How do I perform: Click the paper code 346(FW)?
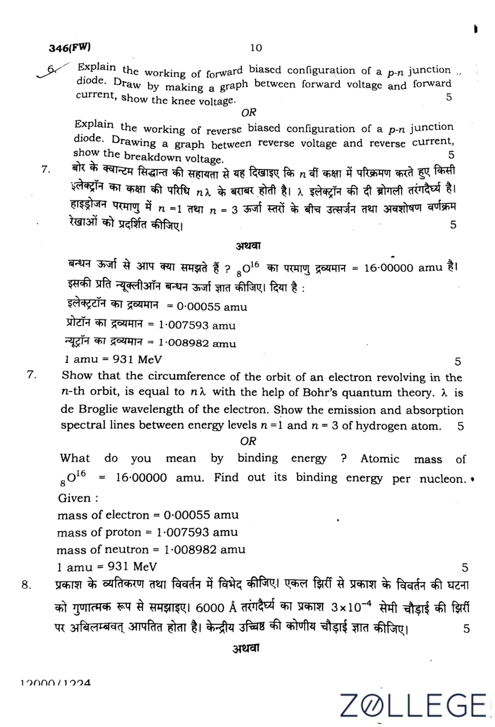coord(70,48)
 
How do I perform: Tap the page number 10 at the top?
coord(256,48)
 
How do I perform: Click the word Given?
coord(74,498)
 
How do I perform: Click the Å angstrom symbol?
coord(232,607)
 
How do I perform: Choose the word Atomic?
coord(379,459)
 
